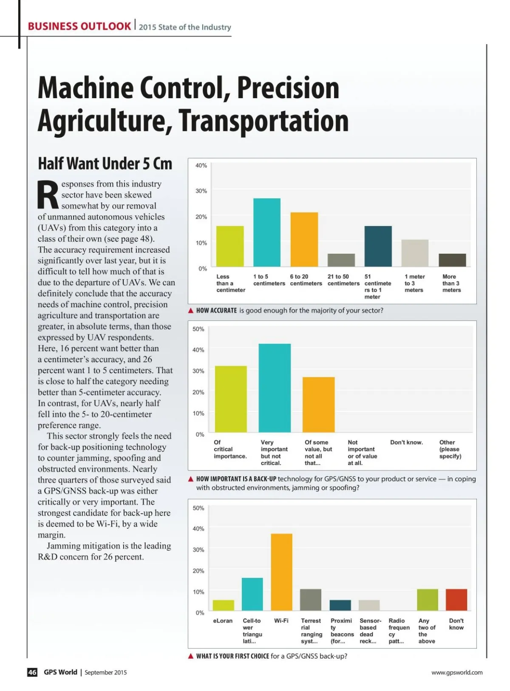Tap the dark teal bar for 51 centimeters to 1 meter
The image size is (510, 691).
click(378, 246)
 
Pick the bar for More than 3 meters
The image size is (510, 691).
click(452, 260)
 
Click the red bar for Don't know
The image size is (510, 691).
click(456, 600)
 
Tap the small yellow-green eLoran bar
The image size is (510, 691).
click(223, 605)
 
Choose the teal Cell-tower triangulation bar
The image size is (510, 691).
click(252, 594)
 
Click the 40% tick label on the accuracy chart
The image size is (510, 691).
click(201, 165)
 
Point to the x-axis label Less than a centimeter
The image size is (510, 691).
click(230, 283)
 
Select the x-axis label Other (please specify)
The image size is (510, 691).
click(450, 449)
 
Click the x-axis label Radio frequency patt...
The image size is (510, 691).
click(399, 631)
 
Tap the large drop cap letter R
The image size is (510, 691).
click(48, 195)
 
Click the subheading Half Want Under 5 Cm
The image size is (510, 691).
click(105, 164)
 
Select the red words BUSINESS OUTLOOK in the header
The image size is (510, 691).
click(79, 26)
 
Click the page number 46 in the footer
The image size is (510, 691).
click(32, 672)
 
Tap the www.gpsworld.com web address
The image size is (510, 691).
click(456, 672)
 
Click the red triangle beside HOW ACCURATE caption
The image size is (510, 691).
click(191, 311)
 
